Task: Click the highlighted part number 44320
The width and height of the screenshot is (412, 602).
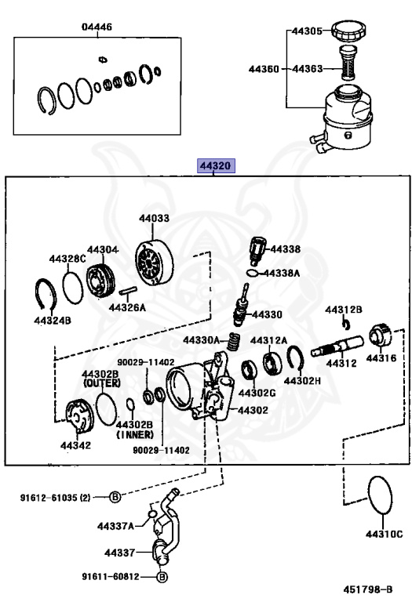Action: (x=216, y=166)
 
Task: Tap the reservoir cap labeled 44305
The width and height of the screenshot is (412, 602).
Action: (x=348, y=31)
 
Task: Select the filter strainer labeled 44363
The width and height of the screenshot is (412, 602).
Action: (x=348, y=63)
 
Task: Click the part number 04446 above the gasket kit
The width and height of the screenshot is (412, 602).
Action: (x=97, y=27)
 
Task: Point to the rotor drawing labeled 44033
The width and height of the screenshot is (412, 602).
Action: (x=154, y=263)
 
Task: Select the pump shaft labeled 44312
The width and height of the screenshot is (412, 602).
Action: (x=337, y=346)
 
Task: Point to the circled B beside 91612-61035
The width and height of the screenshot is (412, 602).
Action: (x=115, y=497)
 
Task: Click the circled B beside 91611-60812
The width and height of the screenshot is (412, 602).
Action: (x=162, y=577)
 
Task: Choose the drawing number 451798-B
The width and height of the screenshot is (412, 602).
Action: (x=367, y=589)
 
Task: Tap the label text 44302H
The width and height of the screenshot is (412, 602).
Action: (x=302, y=380)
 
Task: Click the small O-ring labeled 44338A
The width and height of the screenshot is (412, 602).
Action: (x=252, y=273)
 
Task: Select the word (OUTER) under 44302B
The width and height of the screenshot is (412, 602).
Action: (x=102, y=383)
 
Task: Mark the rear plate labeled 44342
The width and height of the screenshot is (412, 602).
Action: (x=79, y=417)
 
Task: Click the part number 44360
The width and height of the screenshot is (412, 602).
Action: (x=264, y=69)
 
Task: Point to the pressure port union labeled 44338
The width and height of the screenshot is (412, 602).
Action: (x=257, y=251)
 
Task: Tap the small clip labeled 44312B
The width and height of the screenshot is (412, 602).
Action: (x=346, y=324)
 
